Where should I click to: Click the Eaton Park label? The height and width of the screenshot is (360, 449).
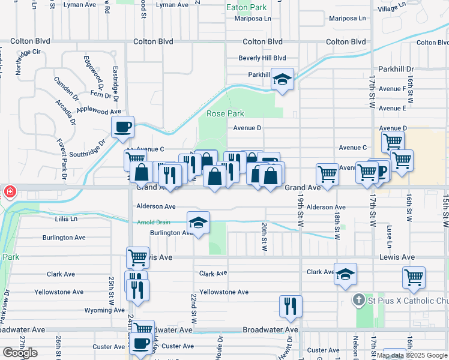click(x=245, y=7)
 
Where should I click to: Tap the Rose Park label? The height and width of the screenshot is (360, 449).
click(x=225, y=113)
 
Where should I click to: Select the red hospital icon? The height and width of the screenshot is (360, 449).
click(x=9, y=192)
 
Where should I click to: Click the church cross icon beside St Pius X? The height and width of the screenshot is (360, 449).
click(x=358, y=299)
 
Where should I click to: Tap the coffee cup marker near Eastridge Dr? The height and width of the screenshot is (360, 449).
click(x=123, y=127)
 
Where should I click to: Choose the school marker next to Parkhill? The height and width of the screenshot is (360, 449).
click(x=282, y=79)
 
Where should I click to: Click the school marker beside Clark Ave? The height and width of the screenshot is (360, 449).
click(x=345, y=274)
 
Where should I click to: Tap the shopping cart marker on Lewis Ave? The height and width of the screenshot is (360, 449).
click(x=137, y=257)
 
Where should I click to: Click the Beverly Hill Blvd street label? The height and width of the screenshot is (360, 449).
click(x=262, y=58)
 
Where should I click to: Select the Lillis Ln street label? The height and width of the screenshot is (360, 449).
click(x=66, y=219)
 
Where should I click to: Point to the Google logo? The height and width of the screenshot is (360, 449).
click(x=20, y=353)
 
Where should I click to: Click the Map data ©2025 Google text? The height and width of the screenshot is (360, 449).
click(x=412, y=355)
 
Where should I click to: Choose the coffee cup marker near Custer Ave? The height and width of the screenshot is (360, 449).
click(x=141, y=344)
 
